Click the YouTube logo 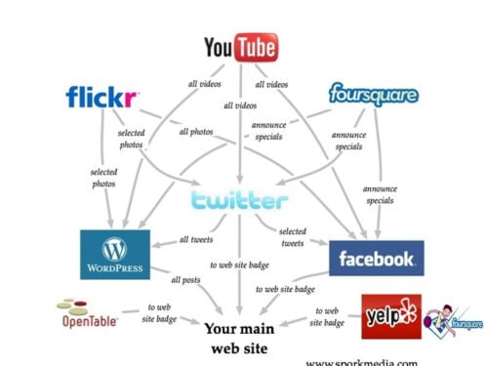click(241, 47)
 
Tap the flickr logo click(102, 98)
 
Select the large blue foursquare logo click(373, 96)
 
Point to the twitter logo click(240, 201)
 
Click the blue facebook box click(376, 259)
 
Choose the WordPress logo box click(115, 254)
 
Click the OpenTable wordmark click(87, 319)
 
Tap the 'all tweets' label click(197, 240)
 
